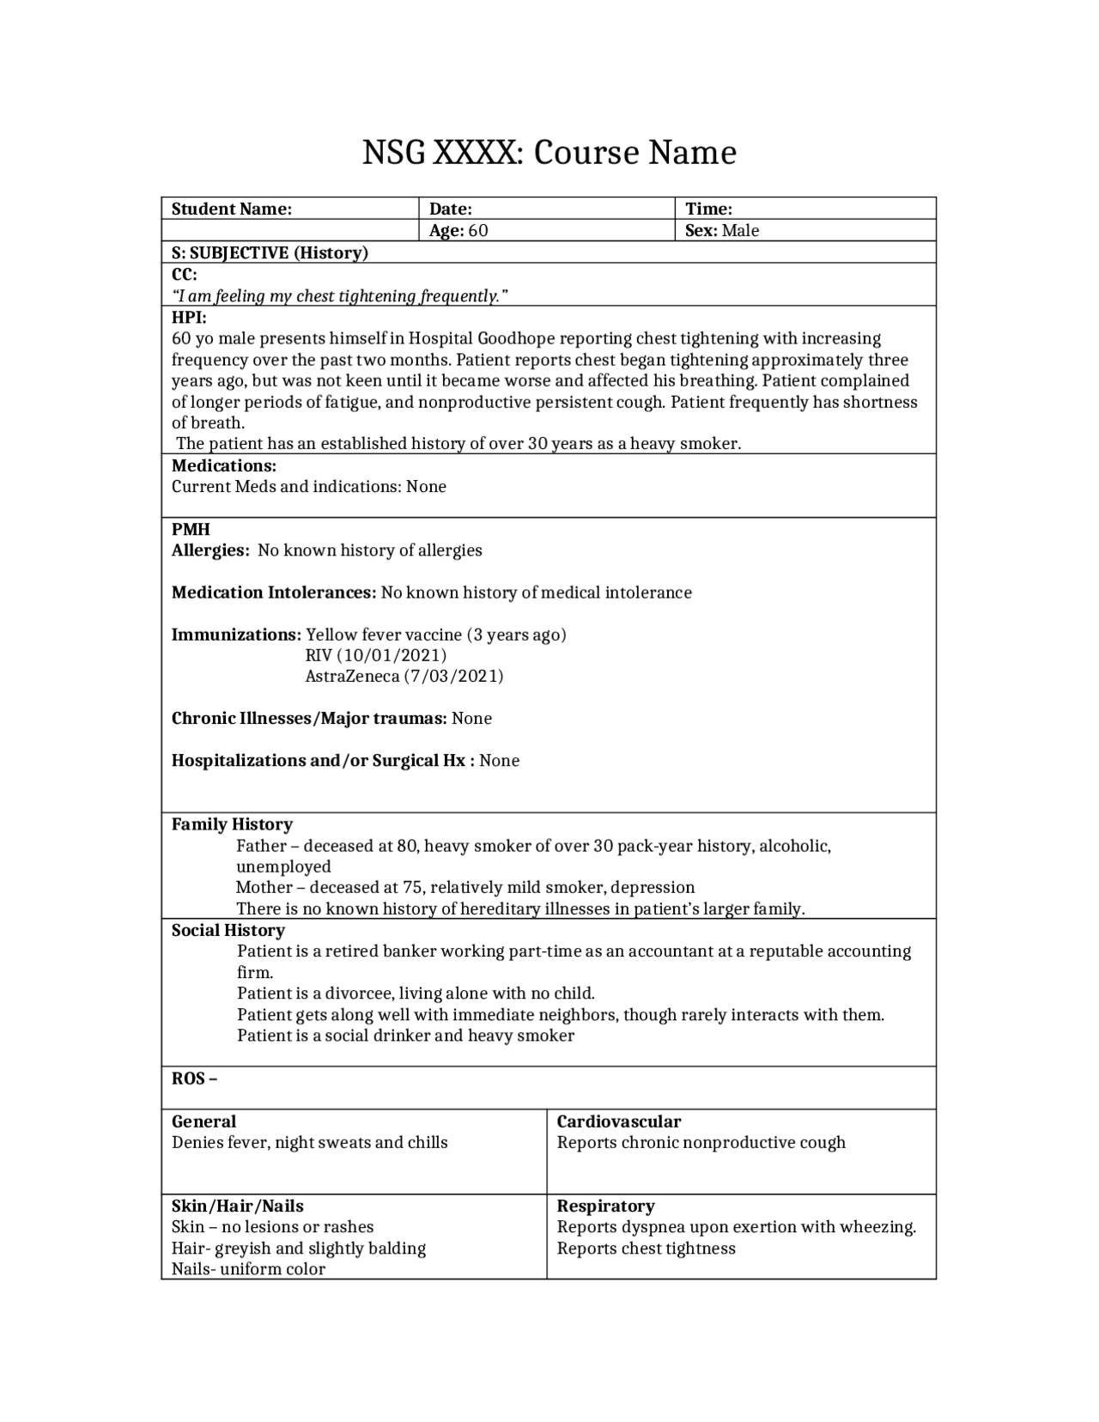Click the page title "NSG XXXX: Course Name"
[549, 153]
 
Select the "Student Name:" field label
[232, 209]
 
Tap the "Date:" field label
[451, 209]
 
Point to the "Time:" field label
[708, 209]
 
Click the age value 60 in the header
[478, 230]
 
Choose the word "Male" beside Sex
[740, 230]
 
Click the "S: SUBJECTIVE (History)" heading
[270, 252]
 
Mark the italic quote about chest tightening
[340, 296]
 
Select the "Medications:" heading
[224, 465]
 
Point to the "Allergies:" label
[210, 550]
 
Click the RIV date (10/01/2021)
[376, 655]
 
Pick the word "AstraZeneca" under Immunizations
[352, 676]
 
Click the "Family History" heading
[232, 824]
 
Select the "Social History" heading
[228, 930]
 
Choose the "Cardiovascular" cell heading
[618, 1121]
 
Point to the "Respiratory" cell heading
[605, 1206]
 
